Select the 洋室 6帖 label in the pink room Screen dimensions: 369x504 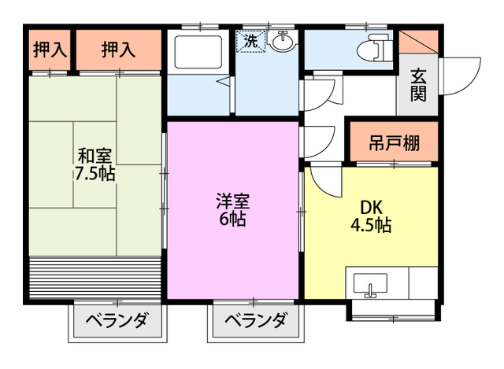pos(232,209)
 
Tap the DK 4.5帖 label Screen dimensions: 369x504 pos(372,216)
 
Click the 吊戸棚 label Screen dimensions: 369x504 pos(394,143)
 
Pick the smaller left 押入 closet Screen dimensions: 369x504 pos(50,49)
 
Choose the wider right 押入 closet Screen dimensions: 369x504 pos(118,49)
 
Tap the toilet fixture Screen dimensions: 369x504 pos(371,50)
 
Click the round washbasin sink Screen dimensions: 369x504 pos(283,40)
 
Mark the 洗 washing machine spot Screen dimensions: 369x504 pos(251,42)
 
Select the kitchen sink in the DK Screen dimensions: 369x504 pos(370,283)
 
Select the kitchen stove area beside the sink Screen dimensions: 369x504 pos(417,283)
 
